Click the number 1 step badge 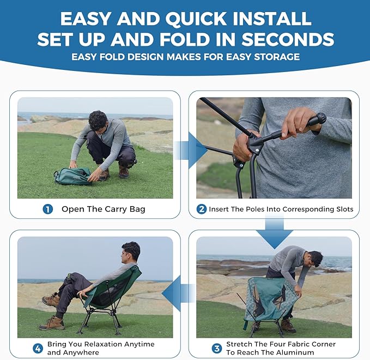click(47, 209)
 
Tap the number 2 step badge click(202, 209)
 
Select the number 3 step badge click(217, 349)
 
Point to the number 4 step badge click(38, 349)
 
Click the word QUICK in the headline click(196, 19)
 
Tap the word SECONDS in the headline click(288, 39)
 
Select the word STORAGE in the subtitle click(277, 57)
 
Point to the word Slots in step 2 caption click(344, 209)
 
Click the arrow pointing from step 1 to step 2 click(191, 151)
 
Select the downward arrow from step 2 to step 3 click(275, 233)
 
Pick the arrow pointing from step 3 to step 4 click(178, 293)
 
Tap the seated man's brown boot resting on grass click(52, 323)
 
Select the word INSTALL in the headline click(272, 19)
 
